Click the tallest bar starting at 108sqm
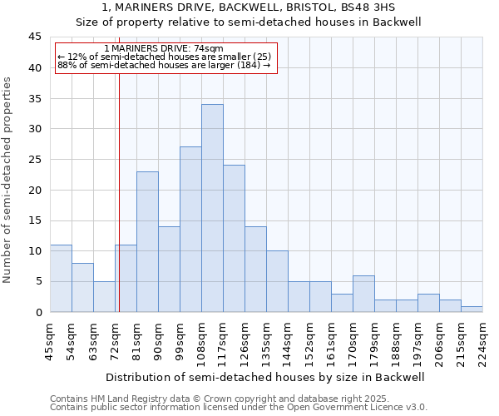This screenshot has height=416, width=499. pyautogui.click(x=212, y=208)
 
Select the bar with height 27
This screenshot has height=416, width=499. pyautogui.click(x=190, y=230)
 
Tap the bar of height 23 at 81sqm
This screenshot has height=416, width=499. pyautogui.click(x=147, y=241)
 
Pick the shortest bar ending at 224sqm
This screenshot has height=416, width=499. pyautogui.click(x=472, y=309)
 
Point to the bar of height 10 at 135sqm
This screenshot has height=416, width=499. pyautogui.click(x=277, y=281)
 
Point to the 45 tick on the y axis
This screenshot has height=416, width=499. pyautogui.click(x=35, y=37)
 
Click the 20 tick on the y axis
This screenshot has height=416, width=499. pyautogui.click(x=35, y=190)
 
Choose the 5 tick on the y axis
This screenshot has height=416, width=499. pyautogui.click(x=38, y=281)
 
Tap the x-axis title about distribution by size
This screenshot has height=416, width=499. pyautogui.click(x=265, y=377)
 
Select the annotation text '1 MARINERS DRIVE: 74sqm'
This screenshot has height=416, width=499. pyautogui.click(x=165, y=49)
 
